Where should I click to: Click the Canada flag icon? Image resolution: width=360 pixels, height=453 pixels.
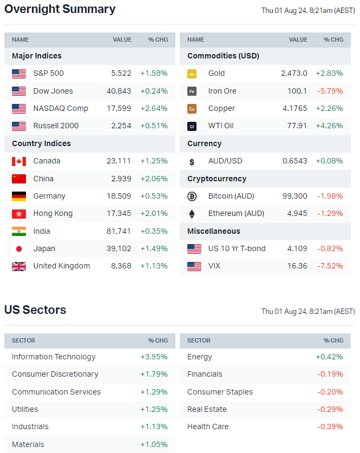[x=19, y=161]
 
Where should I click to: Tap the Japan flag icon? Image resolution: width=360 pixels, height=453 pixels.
[x=19, y=249]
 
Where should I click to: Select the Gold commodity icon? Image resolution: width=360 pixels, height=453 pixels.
[x=192, y=74]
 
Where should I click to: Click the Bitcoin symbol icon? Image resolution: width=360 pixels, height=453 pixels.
[x=192, y=196]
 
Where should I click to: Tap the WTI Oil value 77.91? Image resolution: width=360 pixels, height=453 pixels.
[x=297, y=126]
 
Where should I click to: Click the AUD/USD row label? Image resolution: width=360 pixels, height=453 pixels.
[x=225, y=161]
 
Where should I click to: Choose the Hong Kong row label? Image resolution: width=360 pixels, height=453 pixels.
[x=53, y=214]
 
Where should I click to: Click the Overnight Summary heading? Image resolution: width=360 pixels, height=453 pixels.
[x=60, y=9]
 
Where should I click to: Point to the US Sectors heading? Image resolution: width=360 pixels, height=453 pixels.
[x=35, y=310]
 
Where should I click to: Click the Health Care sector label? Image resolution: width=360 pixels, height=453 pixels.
[x=208, y=427]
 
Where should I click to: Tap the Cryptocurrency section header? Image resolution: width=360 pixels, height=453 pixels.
[x=217, y=179]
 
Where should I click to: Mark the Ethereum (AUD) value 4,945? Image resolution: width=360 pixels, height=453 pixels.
[x=297, y=214]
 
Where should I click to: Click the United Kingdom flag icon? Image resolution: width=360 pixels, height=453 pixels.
[x=19, y=266]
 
